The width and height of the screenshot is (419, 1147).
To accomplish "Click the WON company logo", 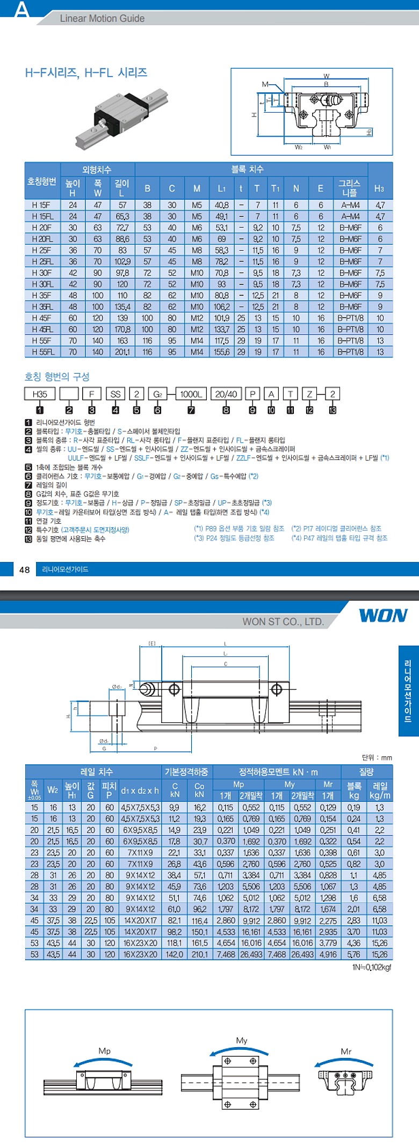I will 383,615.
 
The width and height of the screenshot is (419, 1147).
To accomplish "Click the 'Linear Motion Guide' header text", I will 102,18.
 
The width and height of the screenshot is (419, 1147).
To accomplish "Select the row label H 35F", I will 42,295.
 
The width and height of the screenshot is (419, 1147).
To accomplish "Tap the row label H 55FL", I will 42,352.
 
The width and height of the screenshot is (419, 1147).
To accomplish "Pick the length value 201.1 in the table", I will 122,352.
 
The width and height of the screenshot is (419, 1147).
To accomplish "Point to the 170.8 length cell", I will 122,330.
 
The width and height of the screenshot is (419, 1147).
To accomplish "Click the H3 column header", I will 379,188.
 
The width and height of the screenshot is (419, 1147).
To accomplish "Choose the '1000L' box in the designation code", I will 191,394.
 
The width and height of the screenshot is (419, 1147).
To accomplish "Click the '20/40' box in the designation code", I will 226,394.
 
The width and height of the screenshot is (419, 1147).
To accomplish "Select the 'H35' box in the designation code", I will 40,394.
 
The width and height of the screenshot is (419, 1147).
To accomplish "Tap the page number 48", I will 24,569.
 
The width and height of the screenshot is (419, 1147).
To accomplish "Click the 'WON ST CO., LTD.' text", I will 283,622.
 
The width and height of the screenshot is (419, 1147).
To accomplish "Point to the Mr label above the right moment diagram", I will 346,1051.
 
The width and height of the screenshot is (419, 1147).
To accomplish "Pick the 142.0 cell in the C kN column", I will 175,954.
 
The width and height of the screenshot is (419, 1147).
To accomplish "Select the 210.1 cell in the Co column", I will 199,954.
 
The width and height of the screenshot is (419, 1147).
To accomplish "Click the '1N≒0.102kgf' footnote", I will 372,967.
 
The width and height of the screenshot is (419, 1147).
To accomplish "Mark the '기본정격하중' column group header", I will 186,772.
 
